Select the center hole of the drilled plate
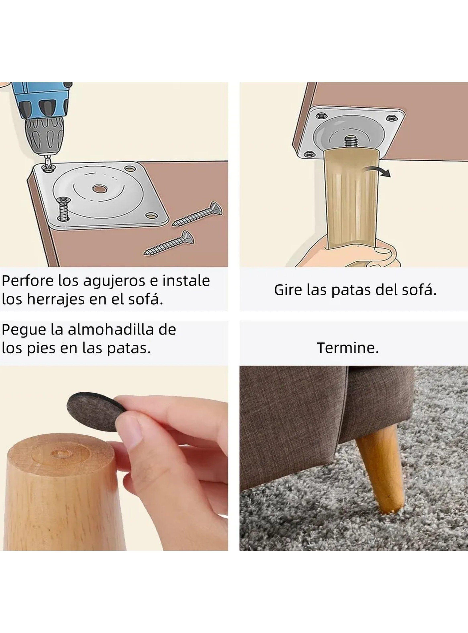pyautogui.click(x=99, y=188)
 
